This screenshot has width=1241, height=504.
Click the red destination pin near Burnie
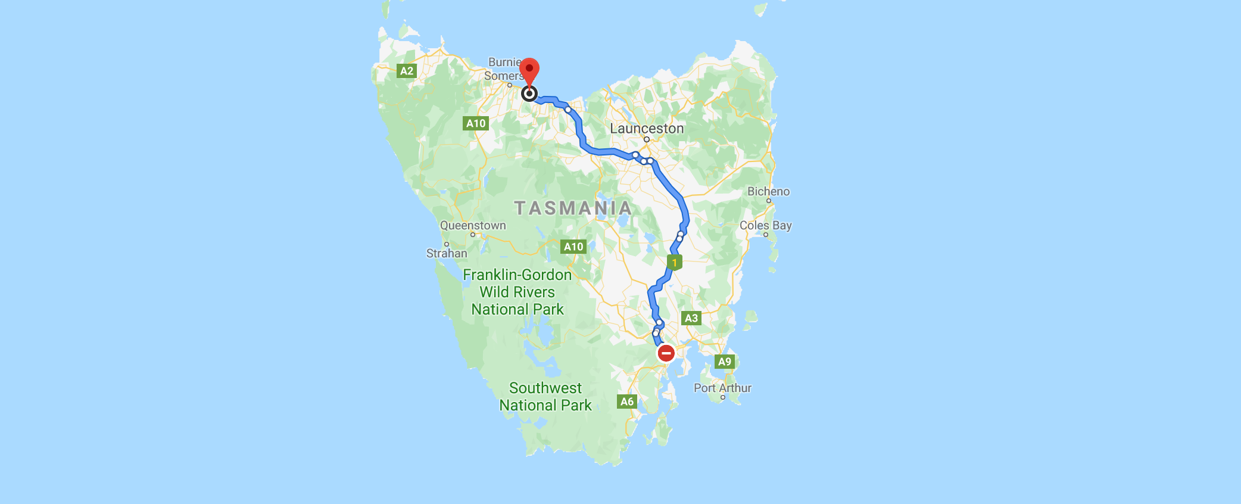pos(529,70)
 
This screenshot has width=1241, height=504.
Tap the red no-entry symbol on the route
pos(666,353)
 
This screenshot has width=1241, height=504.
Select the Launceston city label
pos(647,128)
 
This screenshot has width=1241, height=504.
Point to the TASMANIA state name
pos(573,208)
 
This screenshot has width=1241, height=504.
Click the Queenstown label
pos(473,225)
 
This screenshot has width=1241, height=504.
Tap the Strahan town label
pos(447,253)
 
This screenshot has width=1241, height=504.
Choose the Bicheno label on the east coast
pos(768,191)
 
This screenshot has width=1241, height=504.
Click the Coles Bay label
pos(765,225)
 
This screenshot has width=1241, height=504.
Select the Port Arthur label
pos(722,388)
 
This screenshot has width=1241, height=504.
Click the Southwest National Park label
pos(545,397)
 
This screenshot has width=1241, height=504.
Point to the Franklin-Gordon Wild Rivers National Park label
pos(517,292)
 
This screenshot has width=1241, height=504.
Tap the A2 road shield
pos(407,71)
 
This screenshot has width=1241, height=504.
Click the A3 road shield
pos(691,318)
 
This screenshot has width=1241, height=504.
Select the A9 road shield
pos(724,362)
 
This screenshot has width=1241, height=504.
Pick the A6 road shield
pos(627,402)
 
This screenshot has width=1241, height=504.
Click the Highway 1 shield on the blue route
pos(674,262)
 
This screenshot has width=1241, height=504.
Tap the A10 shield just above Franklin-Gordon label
pos(573,247)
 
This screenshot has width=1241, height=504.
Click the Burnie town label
pos(504,62)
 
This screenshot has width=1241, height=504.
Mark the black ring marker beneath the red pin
pos(529,94)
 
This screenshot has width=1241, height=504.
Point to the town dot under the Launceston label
pos(647,139)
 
